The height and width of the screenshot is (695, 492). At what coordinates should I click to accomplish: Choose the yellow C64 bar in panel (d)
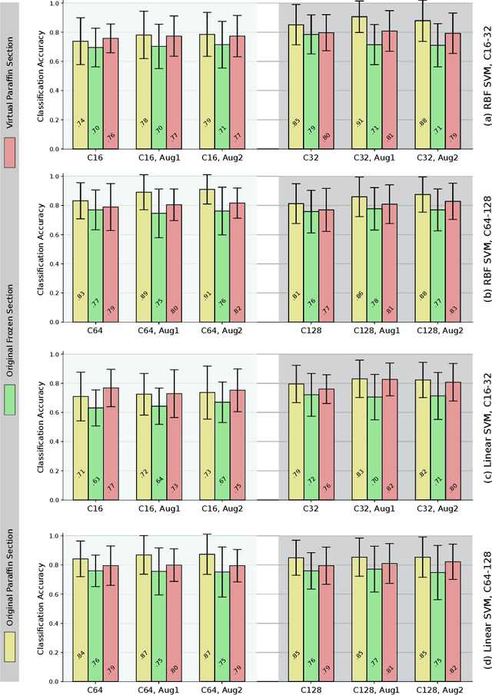80,615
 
